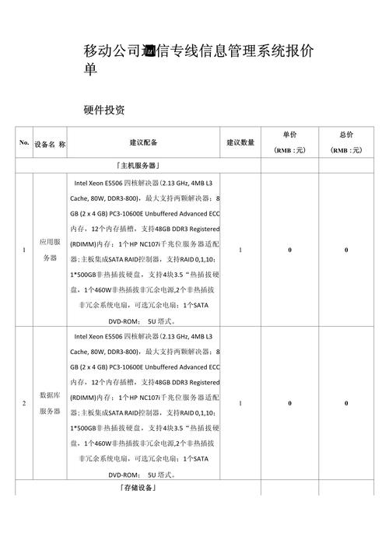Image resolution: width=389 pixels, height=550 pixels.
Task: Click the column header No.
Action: [x=24, y=143]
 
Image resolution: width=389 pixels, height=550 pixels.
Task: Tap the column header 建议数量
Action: [x=240, y=143]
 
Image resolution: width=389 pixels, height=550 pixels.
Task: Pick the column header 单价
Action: [x=289, y=135]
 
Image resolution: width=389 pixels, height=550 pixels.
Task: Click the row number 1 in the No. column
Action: [x=24, y=250]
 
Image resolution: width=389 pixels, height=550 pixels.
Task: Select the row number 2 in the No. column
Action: [x=24, y=404]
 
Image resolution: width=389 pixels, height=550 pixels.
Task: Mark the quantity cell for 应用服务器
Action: [x=241, y=250]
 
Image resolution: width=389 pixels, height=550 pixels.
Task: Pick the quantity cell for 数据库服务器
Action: [x=241, y=404]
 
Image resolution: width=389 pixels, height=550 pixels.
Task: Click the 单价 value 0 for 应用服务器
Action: [x=289, y=250]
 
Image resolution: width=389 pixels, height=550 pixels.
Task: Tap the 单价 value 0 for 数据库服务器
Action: [x=289, y=404]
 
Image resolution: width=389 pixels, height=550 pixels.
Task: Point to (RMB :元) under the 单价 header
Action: [x=289, y=151]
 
